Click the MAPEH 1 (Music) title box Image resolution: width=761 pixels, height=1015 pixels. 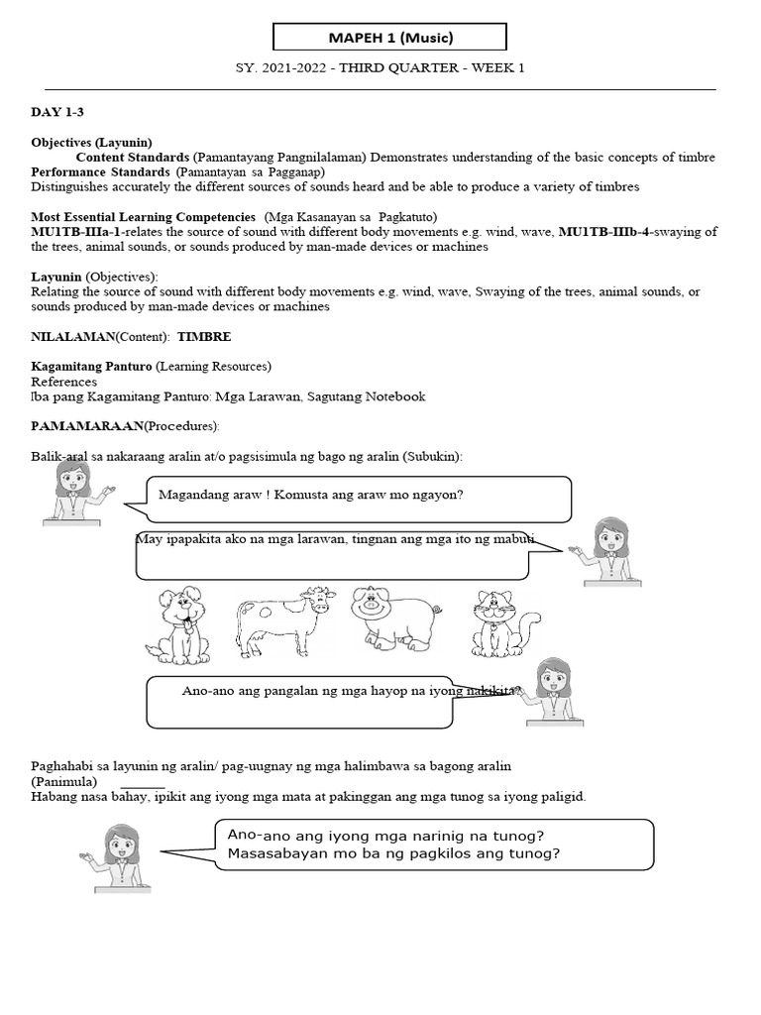389,38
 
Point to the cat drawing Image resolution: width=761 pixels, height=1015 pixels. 503,624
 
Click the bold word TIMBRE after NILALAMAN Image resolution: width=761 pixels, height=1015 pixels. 203,337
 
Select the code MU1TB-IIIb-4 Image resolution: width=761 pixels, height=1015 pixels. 607,232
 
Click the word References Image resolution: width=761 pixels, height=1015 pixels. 64,382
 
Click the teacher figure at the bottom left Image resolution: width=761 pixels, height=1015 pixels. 120,856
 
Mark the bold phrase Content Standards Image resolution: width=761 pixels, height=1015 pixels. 132,158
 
